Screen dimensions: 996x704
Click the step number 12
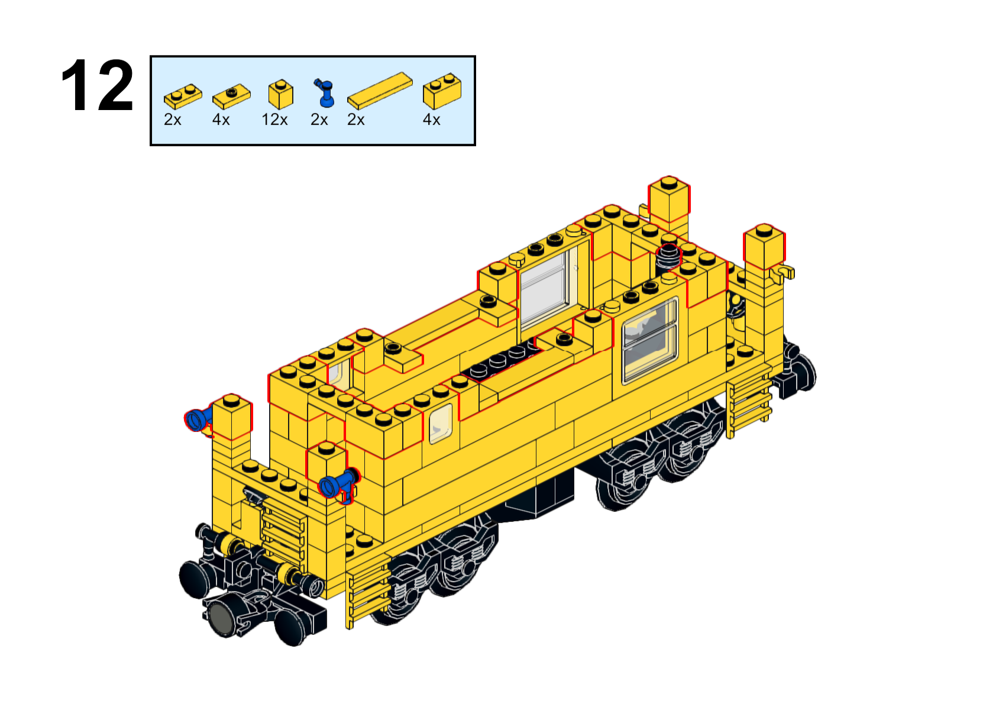point(97,85)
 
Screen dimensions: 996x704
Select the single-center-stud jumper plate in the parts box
point(231,96)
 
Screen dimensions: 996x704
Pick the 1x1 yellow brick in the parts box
point(281,94)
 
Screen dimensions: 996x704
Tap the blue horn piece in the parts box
point(325,93)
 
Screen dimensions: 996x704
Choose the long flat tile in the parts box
point(380,91)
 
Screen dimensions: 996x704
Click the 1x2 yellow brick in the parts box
point(442,91)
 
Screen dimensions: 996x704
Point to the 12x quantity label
point(274,120)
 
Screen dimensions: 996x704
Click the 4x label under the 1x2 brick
point(431,120)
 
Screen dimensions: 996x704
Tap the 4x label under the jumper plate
point(221,120)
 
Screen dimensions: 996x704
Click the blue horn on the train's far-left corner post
point(198,420)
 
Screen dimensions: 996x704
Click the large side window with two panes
point(650,340)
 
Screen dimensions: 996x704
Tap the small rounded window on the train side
point(441,424)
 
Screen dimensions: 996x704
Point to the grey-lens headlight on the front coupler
point(221,619)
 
